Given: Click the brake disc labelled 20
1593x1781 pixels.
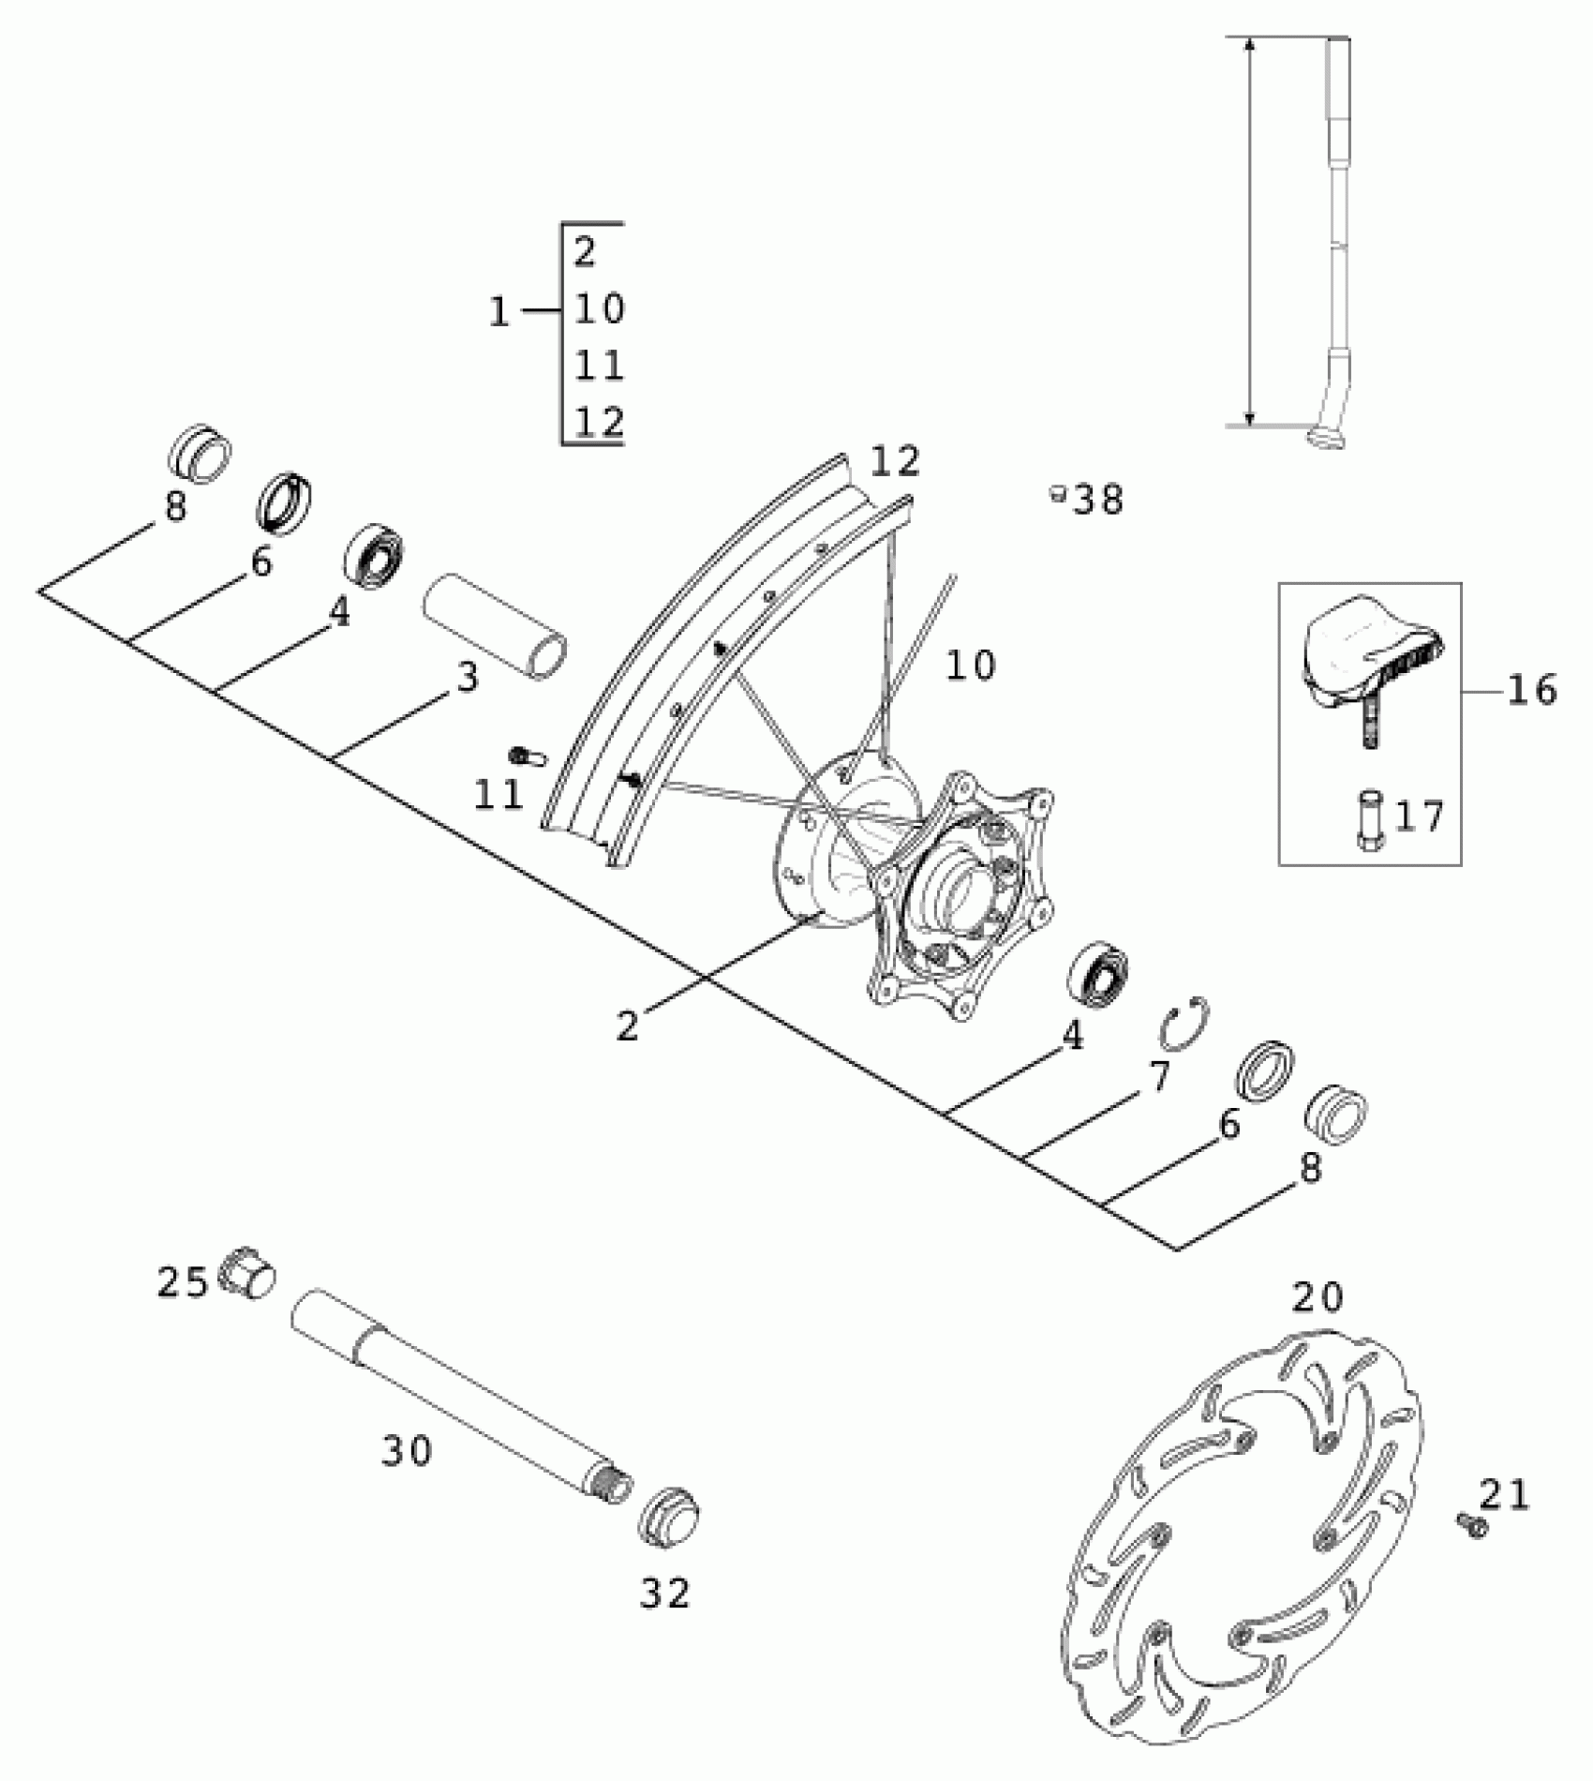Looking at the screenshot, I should coord(1246,1547).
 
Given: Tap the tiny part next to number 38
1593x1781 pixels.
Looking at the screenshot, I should coord(1057,493).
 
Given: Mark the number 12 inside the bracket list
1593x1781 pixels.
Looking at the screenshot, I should coord(599,422).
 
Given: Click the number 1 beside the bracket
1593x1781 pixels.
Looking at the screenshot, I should coord(499,312).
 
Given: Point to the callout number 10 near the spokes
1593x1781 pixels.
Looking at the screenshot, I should coord(970,666).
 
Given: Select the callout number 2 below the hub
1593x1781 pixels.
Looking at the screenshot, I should coord(628,1025).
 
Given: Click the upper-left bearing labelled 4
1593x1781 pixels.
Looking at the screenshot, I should coord(374,555).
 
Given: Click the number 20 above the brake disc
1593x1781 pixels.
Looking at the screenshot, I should coord(1318,1297).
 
